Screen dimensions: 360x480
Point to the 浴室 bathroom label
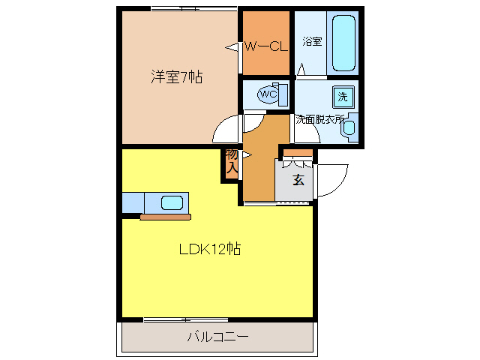click(313, 41)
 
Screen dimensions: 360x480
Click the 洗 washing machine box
click(343, 96)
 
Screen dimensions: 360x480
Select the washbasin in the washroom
click(349, 127)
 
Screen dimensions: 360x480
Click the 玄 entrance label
click(298, 180)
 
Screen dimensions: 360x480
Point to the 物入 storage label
click(232, 163)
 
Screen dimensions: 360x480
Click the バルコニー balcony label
click(217, 337)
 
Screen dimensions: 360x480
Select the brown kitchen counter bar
click(165, 217)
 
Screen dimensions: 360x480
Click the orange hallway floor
click(259, 165)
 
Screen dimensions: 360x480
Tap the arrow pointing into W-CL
click(233, 47)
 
